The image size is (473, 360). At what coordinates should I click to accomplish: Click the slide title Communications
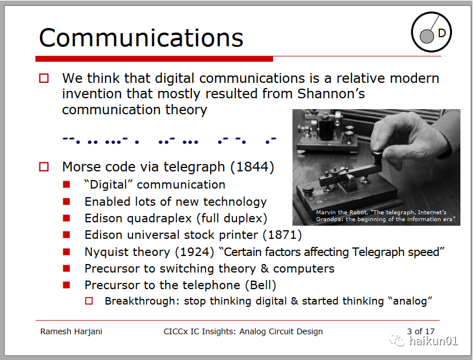pyautogui.click(x=141, y=38)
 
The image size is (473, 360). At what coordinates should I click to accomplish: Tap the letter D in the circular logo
pyautogui.click(x=442, y=33)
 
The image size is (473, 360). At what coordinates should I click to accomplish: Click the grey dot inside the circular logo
pyautogui.click(x=427, y=37)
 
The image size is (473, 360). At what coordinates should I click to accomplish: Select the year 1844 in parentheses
pyautogui.click(x=252, y=167)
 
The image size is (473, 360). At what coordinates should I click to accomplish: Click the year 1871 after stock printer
pyautogui.click(x=282, y=235)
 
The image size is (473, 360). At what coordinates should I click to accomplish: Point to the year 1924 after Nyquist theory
pyautogui.click(x=195, y=251)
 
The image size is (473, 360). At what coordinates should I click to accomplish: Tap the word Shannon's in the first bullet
pyautogui.click(x=331, y=94)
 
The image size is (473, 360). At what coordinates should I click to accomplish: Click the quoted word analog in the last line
pyautogui.click(x=410, y=301)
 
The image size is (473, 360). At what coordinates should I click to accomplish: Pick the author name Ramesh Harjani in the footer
pyautogui.click(x=71, y=331)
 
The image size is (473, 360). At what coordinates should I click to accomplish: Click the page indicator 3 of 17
pyautogui.click(x=420, y=331)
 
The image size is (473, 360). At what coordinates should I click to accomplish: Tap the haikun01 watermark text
pyautogui.click(x=433, y=341)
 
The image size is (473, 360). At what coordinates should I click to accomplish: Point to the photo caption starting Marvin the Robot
pyautogui.click(x=385, y=216)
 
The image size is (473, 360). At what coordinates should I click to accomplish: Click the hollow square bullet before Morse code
pyautogui.click(x=44, y=167)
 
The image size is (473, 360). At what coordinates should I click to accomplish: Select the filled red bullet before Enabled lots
pyautogui.click(x=66, y=201)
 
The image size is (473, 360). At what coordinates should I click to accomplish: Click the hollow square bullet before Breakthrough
pyautogui.click(x=89, y=301)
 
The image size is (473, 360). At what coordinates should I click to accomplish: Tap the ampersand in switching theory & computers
pyautogui.click(x=264, y=268)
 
